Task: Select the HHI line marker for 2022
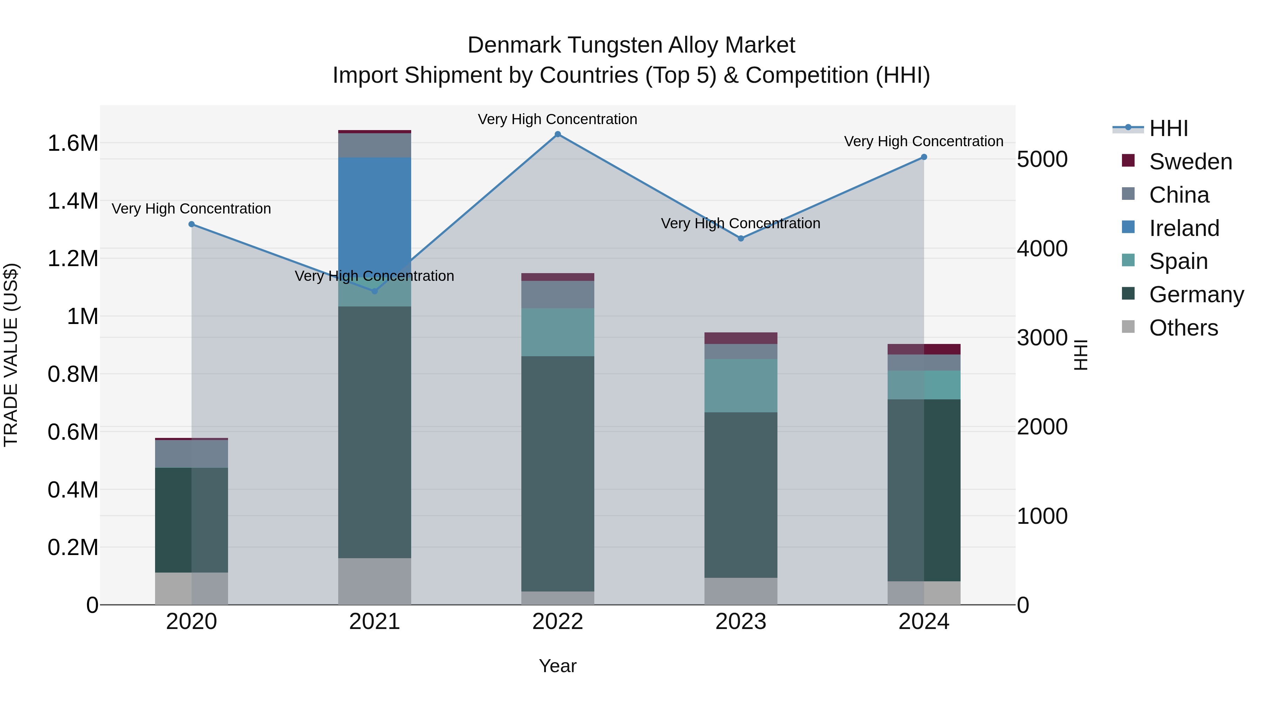[x=557, y=134]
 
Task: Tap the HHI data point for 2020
[x=192, y=224]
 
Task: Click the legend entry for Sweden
[x=1190, y=162]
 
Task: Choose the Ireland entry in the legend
[x=1184, y=228]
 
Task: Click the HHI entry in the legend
[x=1168, y=128]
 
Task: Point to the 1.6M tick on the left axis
[x=73, y=143]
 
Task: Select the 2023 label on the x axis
[x=740, y=622]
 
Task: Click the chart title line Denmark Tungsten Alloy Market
[x=631, y=45]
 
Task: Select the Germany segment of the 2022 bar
[x=557, y=473]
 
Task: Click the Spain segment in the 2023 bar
[x=740, y=386]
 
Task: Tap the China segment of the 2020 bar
[x=192, y=454]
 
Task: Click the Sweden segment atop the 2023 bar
[x=740, y=338]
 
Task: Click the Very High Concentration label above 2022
[x=557, y=120]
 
